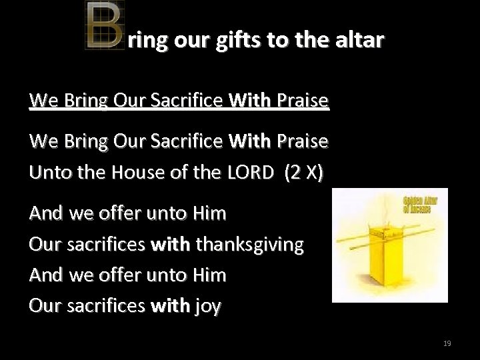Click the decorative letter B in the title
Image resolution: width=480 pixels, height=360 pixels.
click(104, 26)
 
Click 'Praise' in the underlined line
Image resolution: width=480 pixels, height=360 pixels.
click(303, 101)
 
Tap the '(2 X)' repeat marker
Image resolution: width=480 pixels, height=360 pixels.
click(304, 173)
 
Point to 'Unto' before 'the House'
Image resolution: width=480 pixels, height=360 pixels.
click(48, 173)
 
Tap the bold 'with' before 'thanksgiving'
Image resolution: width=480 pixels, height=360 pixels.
click(171, 245)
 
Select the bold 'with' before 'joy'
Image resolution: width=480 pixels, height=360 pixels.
click(171, 306)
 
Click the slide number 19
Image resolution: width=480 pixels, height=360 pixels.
click(447, 343)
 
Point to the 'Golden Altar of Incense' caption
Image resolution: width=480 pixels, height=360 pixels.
click(417, 205)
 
